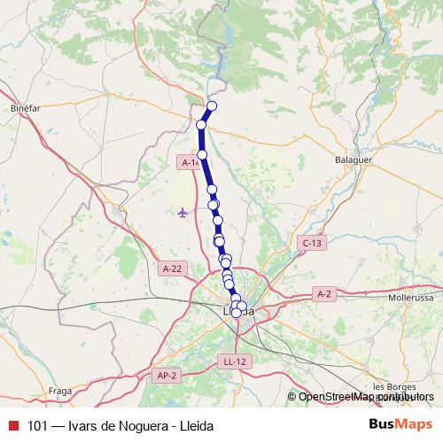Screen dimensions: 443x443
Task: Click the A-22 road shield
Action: (x=173, y=268)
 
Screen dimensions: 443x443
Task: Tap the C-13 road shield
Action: (x=312, y=242)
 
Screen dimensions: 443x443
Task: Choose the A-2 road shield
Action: (x=323, y=294)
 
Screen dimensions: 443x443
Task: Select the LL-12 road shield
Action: (x=236, y=361)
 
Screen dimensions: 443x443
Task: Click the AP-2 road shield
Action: (x=167, y=376)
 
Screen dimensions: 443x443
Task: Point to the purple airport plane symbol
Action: (x=183, y=213)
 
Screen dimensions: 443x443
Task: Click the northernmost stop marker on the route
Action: (x=212, y=107)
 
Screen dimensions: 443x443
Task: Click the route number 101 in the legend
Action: (x=38, y=425)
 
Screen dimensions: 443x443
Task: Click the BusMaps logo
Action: (x=400, y=424)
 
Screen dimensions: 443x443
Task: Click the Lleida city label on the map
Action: (x=237, y=312)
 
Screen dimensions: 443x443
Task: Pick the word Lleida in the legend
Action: (x=197, y=425)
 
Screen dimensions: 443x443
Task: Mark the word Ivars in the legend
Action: (x=83, y=425)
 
